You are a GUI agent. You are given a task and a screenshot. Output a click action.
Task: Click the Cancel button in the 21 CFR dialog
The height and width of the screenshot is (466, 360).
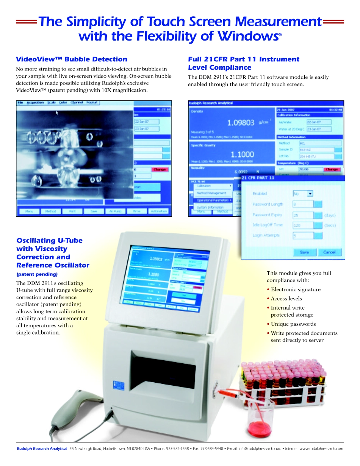pos(329,252)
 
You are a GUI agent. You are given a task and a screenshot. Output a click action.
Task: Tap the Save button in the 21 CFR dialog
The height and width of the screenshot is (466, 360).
pos(304,252)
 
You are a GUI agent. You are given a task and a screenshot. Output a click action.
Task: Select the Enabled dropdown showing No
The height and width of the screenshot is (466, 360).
pos(303,194)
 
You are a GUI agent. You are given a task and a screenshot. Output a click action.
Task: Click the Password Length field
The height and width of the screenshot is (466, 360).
pos(303,204)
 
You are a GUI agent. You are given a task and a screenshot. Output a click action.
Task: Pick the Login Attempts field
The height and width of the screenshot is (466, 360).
pos(303,236)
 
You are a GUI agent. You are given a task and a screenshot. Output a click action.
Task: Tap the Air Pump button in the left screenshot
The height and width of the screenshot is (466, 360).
pos(115,211)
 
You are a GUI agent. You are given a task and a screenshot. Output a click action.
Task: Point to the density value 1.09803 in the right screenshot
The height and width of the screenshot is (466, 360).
pos(241,122)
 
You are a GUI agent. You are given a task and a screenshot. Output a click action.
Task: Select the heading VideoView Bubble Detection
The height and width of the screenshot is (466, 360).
pos(72,59)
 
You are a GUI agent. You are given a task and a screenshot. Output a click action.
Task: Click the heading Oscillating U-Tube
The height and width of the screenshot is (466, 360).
pos(49,241)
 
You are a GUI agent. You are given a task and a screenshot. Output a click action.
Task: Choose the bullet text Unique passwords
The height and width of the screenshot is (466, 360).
pos(293,324)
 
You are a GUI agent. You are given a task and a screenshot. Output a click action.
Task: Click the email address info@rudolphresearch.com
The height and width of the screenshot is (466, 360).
pos(260,449)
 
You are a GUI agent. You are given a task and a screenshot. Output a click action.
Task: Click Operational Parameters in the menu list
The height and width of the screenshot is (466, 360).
pos(213,200)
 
